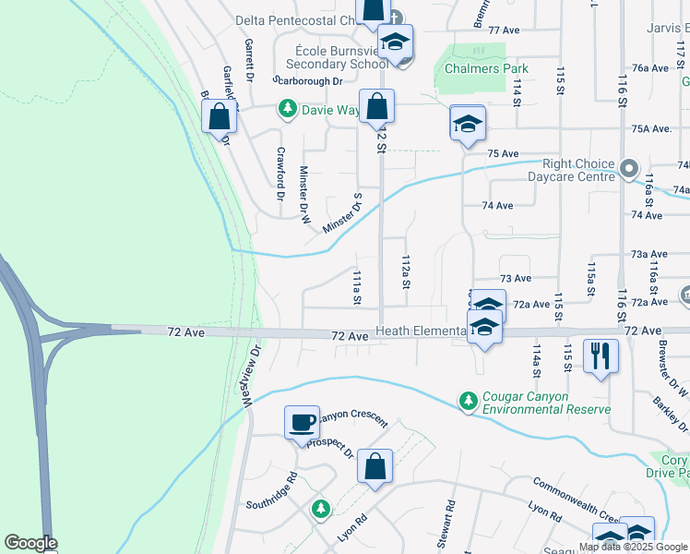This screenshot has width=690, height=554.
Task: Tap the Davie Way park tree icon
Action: pyautogui.click(x=288, y=110)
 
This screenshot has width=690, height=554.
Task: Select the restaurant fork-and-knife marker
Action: pyautogui.click(x=601, y=355)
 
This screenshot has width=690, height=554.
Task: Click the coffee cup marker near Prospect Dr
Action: pyautogui.click(x=302, y=423)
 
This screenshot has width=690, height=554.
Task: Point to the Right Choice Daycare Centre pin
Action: pyautogui.click(x=629, y=169)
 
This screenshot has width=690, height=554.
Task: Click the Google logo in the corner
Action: pyautogui.click(x=30, y=543)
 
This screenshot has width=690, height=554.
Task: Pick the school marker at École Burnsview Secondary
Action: pyautogui.click(x=396, y=42)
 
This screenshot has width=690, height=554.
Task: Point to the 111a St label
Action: pyautogui.click(x=355, y=287)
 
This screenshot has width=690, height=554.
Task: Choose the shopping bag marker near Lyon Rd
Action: pyautogui.click(x=375, y=467)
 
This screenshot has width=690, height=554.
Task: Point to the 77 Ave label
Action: pyautogui.click(x=505, y=30)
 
